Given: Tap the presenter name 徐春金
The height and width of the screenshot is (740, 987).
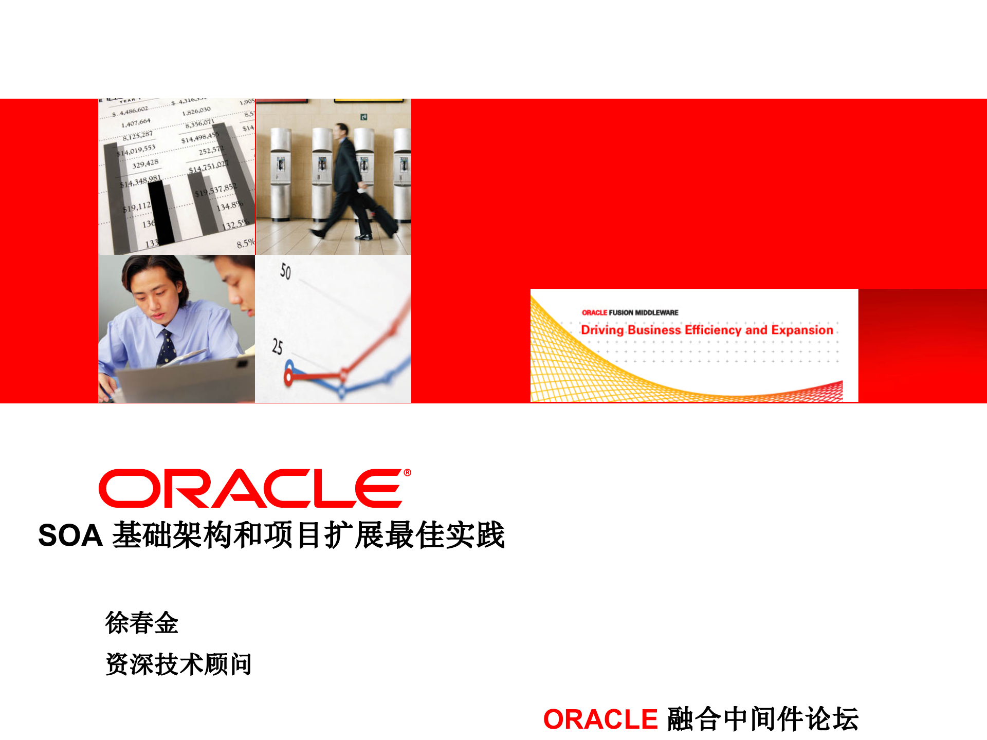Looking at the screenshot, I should (x=141, y=623).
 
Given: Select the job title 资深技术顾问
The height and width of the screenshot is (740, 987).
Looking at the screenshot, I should (x=178, y=664).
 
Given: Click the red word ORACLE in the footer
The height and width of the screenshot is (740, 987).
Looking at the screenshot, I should (x=600, y=719).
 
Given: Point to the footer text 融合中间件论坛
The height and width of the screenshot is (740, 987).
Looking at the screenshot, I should (x=763, y=719).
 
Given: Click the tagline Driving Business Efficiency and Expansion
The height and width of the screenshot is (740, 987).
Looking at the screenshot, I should (x=707, y=330).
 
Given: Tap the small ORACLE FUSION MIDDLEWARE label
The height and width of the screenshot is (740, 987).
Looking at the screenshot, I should (x=630, y=312).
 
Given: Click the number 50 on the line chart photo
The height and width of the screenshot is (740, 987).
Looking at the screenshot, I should (x=285, y=271).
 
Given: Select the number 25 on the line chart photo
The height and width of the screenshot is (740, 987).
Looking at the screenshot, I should (x=277, y=347).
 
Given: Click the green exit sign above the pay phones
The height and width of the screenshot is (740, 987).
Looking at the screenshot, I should (x=363, y=117).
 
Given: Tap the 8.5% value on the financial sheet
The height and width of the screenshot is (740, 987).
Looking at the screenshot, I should (x=245, y=243).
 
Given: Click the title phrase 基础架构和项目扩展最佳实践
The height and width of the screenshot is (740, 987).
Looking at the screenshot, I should (x=308, y=535).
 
